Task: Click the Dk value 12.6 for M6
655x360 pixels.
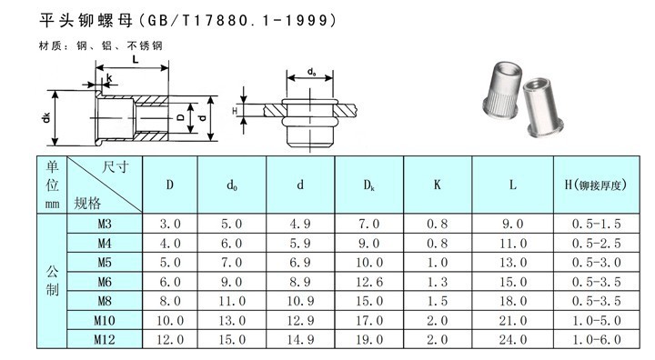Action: (369, 282)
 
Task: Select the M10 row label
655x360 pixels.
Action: (105, 320)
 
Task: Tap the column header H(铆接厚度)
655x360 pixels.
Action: (596, 185)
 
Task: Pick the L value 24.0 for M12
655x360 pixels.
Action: (513, 339)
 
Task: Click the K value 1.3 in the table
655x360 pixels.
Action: (438, 282)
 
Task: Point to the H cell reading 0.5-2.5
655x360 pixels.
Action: (597, 243)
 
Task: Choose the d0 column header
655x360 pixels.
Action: (232, 185)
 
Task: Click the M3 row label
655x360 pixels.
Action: (105, 224)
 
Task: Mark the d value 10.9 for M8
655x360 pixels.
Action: (300, 301)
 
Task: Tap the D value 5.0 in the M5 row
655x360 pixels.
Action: (170, 263)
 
